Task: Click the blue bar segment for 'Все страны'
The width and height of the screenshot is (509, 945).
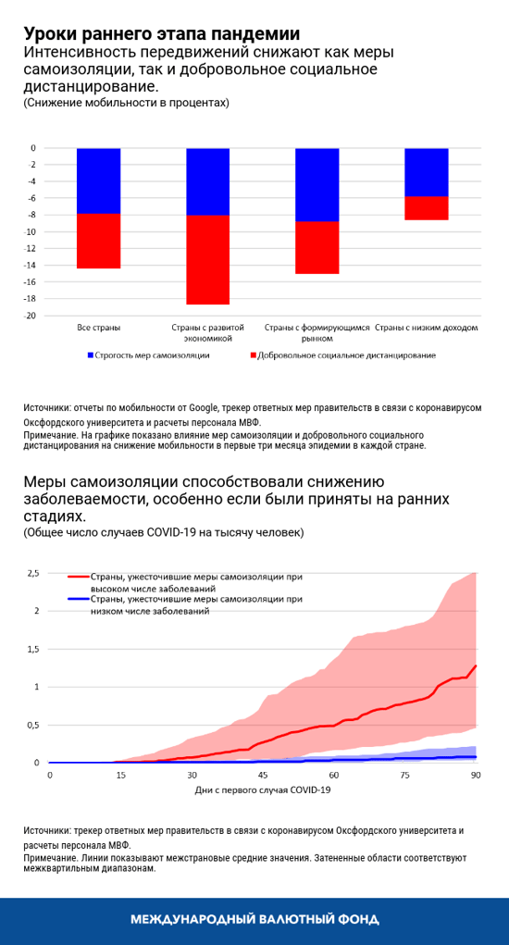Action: (x=98, y=180)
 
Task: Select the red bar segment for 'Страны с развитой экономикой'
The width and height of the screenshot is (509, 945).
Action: (x=207, y=260)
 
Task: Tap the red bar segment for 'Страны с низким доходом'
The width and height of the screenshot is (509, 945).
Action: (x=427, y=208)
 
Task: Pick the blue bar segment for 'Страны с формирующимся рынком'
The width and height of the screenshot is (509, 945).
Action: (x=317, y=184)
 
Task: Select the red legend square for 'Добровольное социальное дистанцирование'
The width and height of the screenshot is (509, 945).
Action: (x=254, y=354)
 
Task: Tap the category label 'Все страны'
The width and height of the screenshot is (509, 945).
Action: (x=98, y=328)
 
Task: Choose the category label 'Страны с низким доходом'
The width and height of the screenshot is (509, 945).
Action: (x=428, y=328)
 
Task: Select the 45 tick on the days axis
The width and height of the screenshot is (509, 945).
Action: (x=263, y=775)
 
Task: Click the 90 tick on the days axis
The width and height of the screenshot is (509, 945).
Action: (x=476, y=775)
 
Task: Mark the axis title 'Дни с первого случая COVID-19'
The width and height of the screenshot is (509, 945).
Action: (x=263, y=790)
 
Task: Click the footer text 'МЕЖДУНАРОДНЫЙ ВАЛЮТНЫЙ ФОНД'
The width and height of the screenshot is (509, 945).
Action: (x=254, y=920)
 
